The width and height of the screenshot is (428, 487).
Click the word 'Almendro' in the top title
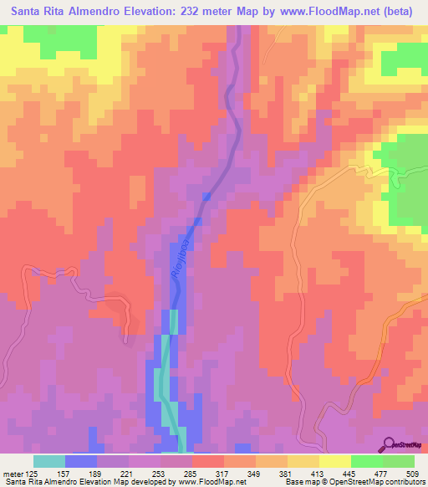click(x=89, y=12)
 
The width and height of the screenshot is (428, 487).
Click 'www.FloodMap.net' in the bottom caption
click(x=213, y=482)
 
